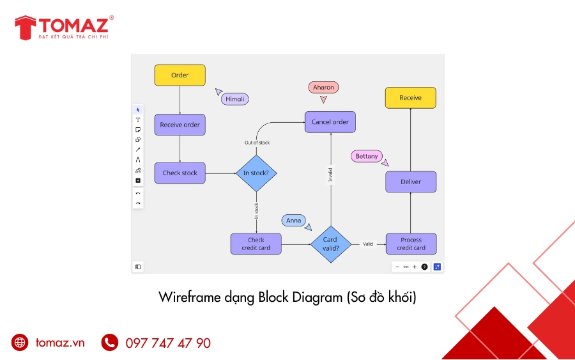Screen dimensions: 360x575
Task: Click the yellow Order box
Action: pos(180,75)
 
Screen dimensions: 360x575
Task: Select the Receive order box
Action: pos(180,125)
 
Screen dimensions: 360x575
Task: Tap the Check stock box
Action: pos(180,173)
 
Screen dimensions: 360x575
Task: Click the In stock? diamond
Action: pos(256,173)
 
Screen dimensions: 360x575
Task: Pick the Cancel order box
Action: pos(330,122)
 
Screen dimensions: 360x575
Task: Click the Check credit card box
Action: pos(256,244)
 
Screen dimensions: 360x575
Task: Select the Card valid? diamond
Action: pos(330,244)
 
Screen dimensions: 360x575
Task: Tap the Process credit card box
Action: pos(411,244)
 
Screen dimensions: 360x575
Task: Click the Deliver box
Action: pos(411,182)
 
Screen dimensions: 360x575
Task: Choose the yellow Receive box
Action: pos(410,98)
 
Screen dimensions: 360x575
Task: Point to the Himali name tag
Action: pos(234,99)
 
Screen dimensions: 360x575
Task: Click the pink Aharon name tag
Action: pos(323,87)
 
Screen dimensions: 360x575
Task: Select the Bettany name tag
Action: pos(366,156)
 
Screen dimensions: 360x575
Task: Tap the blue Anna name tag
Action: pos(293,221)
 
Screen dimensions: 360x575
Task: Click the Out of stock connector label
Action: pos(257,143)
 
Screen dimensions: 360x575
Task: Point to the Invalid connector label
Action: pos(330,175)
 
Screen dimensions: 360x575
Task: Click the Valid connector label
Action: pos(368,244)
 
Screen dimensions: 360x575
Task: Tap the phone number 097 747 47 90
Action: pos(168,343)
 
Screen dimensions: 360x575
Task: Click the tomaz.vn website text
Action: pos(60,343)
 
